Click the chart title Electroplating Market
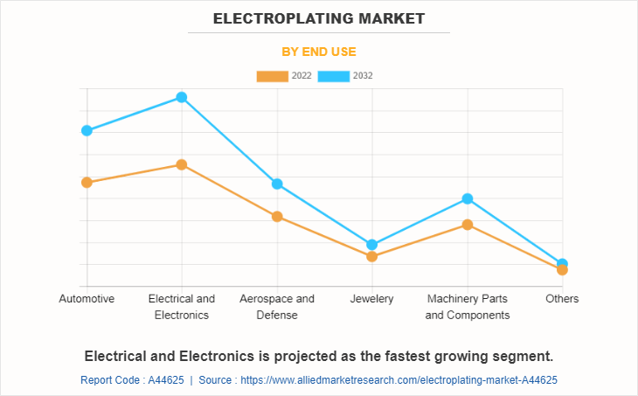[318, 17]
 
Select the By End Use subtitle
[318, 52]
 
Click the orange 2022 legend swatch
[272, 76]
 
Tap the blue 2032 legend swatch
[334, 76]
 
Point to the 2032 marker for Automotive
[87, 130]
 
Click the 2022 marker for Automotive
[87, 183]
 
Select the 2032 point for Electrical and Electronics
[182, 97]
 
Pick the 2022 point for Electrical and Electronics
[182, 164]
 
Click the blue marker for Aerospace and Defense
[277, 184]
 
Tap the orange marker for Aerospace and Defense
[277, 217]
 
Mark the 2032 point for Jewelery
[372, 245]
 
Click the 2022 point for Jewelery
[372, 257]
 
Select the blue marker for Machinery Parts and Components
[468, 198]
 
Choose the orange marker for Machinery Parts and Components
[468, 225]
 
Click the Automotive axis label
[87, 299]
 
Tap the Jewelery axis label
[372, 299]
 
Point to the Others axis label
[562, 299]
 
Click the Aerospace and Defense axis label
[277, 307]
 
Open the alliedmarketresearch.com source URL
[399, 380]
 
